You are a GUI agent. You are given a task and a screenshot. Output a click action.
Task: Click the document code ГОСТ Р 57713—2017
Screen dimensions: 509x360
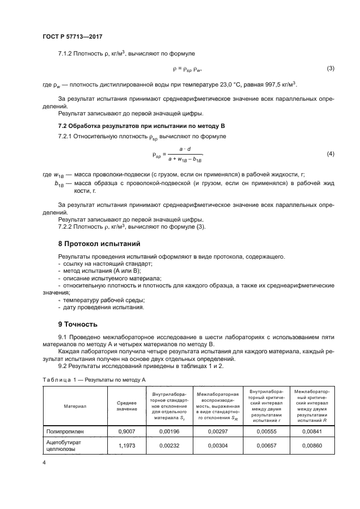click(x=72, y=36)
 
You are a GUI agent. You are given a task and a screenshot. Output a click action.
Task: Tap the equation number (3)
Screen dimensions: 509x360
click(x=330, y=68)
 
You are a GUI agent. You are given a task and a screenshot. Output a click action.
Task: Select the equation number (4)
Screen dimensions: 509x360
click(x=330, y=154)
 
